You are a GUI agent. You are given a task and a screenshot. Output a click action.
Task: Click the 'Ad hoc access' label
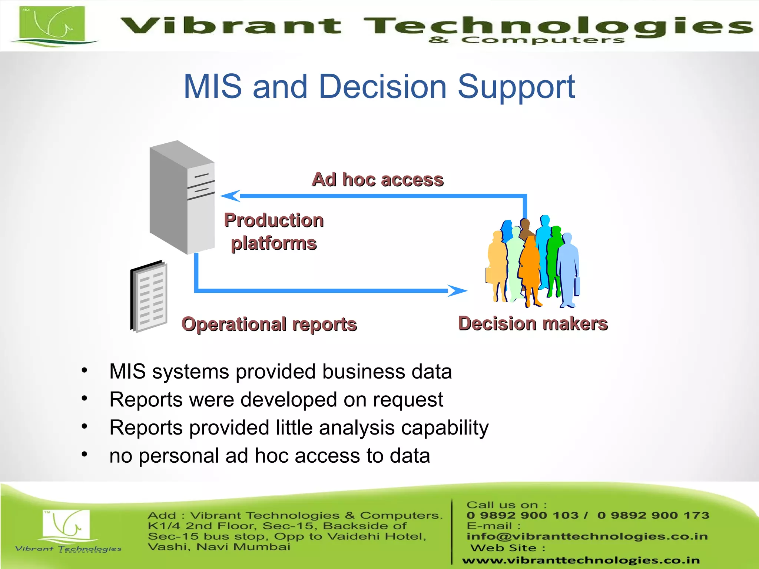377,180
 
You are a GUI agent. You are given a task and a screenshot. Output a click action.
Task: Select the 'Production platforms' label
274,232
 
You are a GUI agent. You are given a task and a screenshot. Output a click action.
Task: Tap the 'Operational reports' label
269,324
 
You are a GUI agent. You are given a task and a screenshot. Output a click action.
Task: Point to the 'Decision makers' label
533,323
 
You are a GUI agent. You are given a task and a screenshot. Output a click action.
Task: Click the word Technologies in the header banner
556,26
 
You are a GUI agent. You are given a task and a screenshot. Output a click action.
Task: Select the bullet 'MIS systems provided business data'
281,372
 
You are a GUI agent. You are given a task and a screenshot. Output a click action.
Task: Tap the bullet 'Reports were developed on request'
276,400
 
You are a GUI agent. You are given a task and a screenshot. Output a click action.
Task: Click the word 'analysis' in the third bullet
357,428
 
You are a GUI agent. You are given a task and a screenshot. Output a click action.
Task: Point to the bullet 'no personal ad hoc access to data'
269,456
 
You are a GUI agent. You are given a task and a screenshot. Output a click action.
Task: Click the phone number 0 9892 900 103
522,515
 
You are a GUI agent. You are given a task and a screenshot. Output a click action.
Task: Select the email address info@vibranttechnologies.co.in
587,536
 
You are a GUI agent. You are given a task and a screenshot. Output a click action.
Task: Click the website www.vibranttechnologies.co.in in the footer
581,560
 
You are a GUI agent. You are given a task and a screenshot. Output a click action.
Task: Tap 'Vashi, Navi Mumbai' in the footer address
219,547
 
